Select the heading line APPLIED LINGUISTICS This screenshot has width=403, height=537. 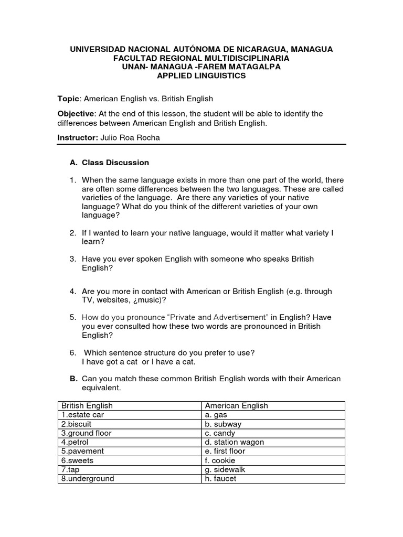[x=201, y=76]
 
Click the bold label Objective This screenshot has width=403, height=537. [x=76, y=114]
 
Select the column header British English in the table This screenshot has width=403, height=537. [x=87, y=405]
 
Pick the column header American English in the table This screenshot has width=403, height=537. [x=236, y=405]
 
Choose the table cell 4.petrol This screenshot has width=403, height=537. [x=76, y=442]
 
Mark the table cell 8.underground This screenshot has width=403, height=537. [x=88, y=478]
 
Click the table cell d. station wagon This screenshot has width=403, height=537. [x=234, y=442]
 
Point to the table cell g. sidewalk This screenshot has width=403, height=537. [x=225, y=469]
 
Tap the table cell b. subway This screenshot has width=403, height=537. [x=223, y=424]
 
